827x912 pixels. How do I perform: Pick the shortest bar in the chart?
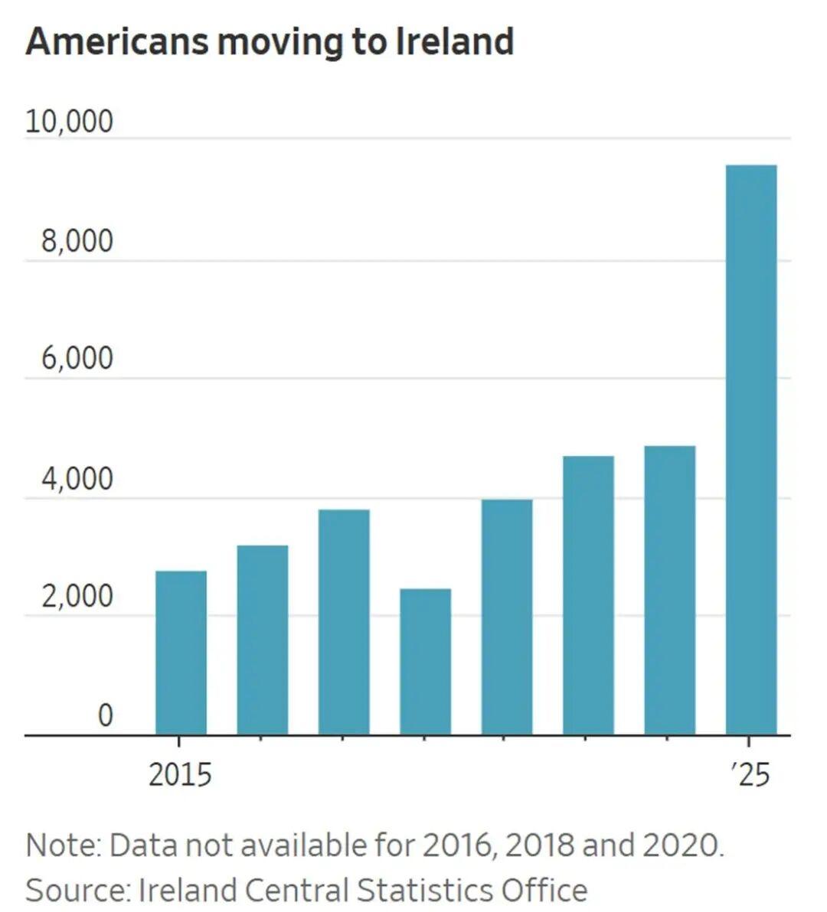coord(425,662)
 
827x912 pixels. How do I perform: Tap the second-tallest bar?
coord(670,590)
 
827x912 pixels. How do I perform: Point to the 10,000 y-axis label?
coord(69,122)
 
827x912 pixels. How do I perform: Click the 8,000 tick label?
coord(77,241)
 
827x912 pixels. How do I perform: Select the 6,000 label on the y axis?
coord(77,359)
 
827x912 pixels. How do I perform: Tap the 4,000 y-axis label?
coord(77,479)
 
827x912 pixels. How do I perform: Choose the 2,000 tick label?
coord(77,597)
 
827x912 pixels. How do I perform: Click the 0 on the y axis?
coord(105,715)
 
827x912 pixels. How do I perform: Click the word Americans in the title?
coord(116,41)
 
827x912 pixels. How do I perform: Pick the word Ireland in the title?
coord(454,41)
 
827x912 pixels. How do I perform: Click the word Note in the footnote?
coord(62,845)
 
